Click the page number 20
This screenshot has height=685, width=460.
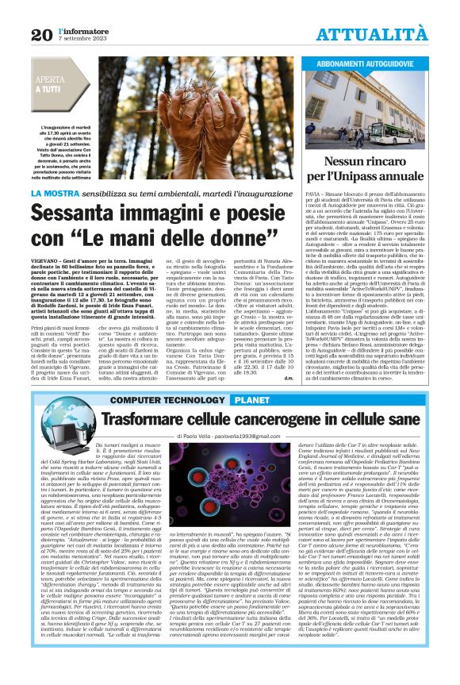tap(40, 34)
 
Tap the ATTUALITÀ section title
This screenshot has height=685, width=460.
tap(384, 34)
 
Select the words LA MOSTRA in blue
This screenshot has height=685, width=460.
tap(56, 193)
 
